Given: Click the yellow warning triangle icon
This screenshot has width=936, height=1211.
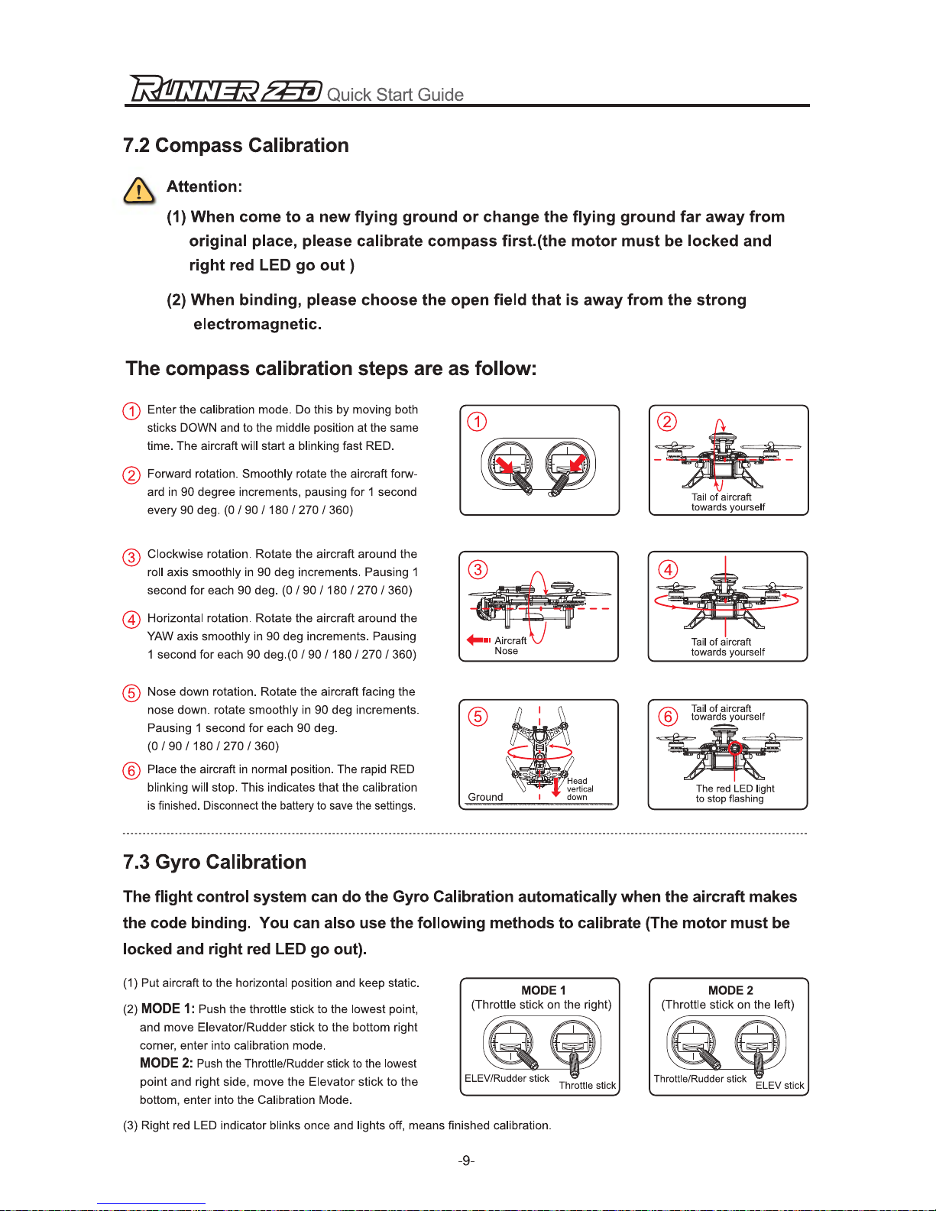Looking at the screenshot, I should tap(138, 190).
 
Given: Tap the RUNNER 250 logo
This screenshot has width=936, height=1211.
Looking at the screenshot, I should tap(225, 89).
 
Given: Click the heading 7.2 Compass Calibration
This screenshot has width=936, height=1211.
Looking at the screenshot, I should tap(236, 145).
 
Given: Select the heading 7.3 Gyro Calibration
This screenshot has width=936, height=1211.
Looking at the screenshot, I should tap(215, 862).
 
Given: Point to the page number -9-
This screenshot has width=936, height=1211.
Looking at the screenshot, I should tap(466, 1161).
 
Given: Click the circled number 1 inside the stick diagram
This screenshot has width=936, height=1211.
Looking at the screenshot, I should tap(477, 422).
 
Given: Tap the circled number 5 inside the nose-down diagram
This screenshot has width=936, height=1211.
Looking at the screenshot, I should tap(478, 716).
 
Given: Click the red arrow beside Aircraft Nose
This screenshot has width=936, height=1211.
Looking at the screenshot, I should tap(478, 640).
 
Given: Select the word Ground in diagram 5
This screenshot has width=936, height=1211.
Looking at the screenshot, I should tap(485, 797).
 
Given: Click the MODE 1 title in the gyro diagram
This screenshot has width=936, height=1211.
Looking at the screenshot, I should tap(543, 990).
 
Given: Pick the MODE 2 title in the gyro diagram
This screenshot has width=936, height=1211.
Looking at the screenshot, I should tap(730, 990).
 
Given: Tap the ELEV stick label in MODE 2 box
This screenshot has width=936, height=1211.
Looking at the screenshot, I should tap(779, 1085).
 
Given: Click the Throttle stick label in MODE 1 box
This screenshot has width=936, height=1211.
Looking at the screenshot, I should tap(587, 1085).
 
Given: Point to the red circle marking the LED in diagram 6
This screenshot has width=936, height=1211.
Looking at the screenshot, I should tap(734, 748).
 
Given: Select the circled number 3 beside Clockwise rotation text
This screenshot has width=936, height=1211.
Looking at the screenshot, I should tap(131, 557).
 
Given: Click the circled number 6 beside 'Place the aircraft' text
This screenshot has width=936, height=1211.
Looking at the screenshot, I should tap(131, 770).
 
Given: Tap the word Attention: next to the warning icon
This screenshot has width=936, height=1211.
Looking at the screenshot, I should tap(204, 186).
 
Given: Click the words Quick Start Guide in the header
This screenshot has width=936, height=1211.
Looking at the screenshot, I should tap(395, 95).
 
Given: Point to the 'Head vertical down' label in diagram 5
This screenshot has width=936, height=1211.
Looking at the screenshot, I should tap(579, 789).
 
